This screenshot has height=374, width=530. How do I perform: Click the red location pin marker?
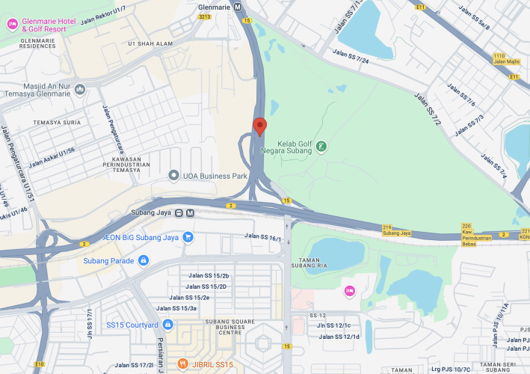(259, 126)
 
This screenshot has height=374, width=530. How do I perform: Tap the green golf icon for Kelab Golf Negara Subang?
(321, 146)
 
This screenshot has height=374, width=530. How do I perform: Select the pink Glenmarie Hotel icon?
(12, 24)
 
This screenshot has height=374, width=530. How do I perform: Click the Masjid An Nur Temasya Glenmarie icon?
(81, 89)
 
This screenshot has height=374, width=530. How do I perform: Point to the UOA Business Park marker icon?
(173, 177)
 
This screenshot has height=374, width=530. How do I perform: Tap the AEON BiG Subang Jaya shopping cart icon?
(188, 237)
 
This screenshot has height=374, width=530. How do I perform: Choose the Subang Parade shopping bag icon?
(144, 260)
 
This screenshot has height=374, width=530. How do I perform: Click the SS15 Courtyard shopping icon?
(168, 325)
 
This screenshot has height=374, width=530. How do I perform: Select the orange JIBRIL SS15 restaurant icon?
(183, 364)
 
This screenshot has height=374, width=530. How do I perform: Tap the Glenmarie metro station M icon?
(238, 6)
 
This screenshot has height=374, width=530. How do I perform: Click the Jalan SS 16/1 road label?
(263, 237)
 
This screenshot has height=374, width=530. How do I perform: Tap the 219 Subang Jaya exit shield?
(386, 227)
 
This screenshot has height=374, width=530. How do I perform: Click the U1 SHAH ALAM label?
(152, 43)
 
